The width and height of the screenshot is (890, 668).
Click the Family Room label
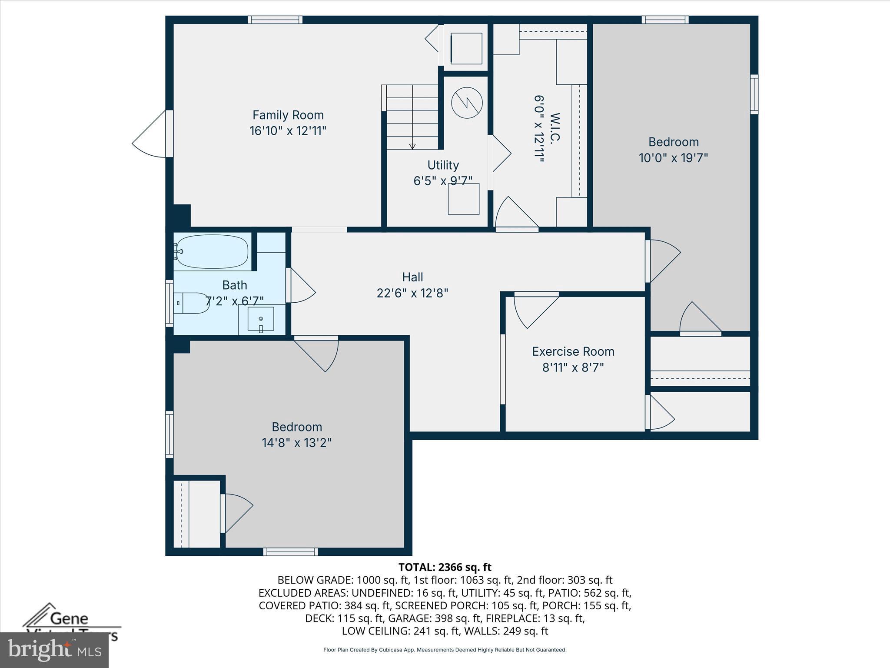tap(288, 115)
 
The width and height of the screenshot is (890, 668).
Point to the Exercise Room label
tap(573, 351)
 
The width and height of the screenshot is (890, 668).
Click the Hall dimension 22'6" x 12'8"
tap(412, 293)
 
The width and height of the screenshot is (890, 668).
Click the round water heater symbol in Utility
tap(467, 103)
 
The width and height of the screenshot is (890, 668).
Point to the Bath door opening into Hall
tap(301, 285)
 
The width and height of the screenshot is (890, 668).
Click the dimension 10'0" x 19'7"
tap(673, 158)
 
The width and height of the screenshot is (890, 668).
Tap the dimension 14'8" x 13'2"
tap(296, 443)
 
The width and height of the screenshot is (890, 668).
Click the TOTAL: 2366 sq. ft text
tap(445, 567)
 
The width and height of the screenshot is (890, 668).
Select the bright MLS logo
tap(54, 650)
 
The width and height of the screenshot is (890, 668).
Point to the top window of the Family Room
tap(275, 20)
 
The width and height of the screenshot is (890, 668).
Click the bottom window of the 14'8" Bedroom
tap(290, 551)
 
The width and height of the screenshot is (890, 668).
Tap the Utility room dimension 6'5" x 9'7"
tap(442, 181)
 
